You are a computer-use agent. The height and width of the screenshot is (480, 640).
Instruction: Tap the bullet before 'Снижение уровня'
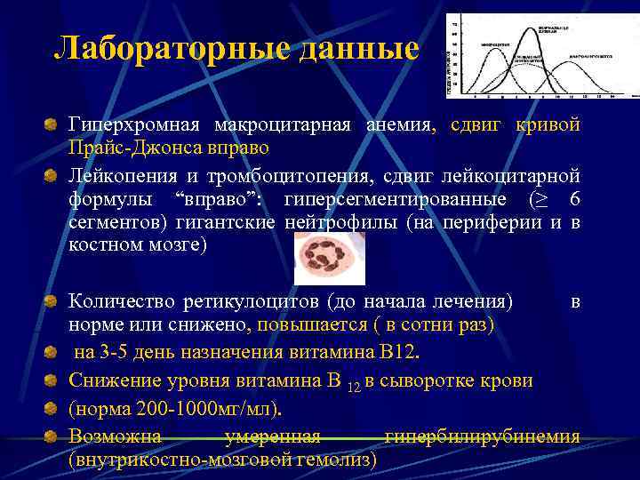(x=52, y=380)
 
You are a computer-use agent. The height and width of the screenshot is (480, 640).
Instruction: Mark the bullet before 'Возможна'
(x=52, y=436)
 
